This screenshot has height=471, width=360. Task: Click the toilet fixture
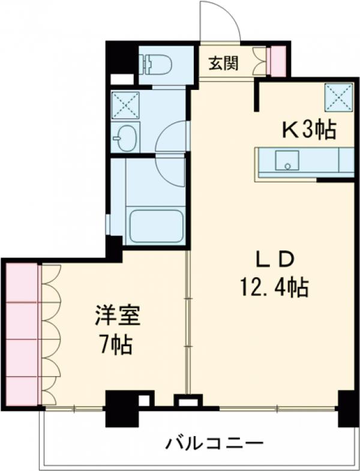pos(157,62)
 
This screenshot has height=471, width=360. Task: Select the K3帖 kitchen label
pos(309,130)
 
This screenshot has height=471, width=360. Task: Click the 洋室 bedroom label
pos(117,316)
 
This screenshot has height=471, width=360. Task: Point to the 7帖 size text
pos(116,346)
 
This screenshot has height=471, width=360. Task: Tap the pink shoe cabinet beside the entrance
pos(278,61)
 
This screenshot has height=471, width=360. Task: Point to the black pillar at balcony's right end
pos(347,407)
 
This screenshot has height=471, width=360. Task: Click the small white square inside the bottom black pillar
pos(143,400)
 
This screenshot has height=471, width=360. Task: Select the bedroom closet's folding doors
pos(50,334)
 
